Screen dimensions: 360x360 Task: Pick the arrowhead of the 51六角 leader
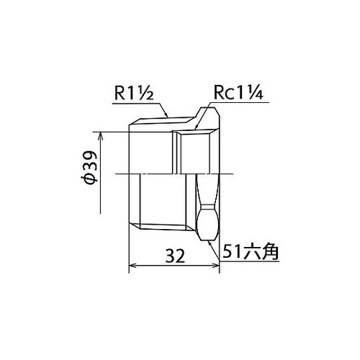[x=210, y=241]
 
